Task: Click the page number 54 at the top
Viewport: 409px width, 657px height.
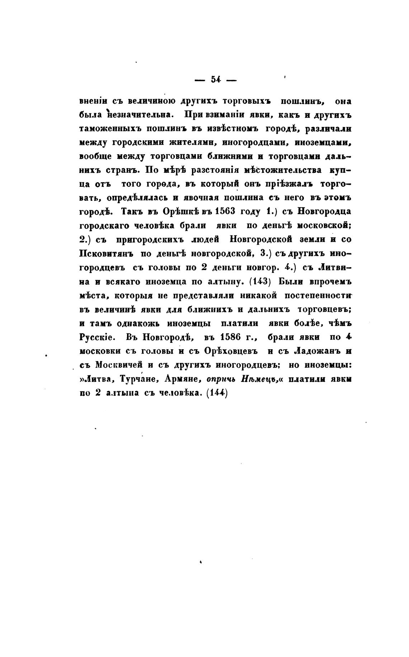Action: coord(216,80)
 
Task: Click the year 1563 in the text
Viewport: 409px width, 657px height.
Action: coord(220,211)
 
